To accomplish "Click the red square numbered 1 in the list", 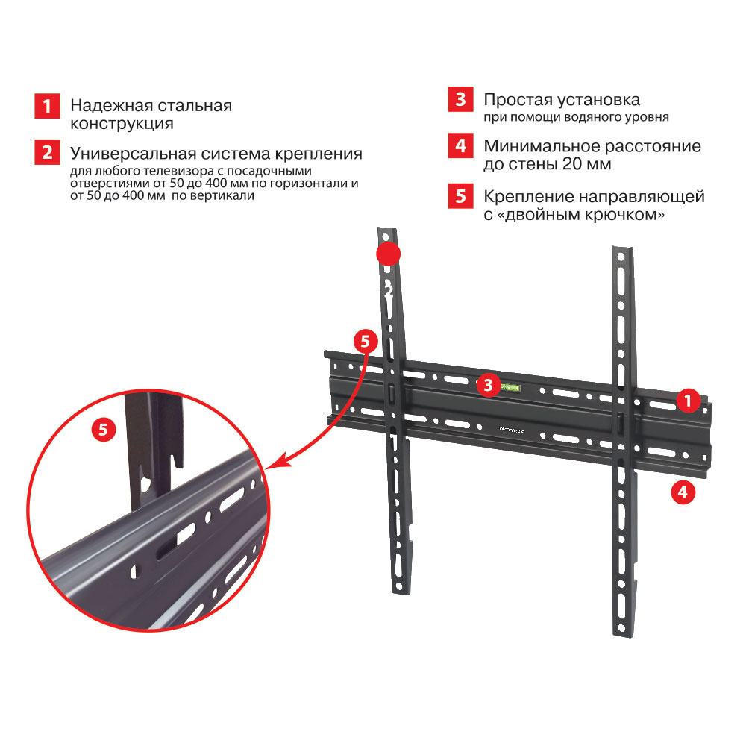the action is (47, 106).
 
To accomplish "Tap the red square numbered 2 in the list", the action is (47, 152).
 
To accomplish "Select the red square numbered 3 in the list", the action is (460, 99).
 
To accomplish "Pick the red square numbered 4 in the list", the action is (460, 145).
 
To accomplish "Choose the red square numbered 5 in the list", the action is (460, 196).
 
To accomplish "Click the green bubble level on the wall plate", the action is (511, 388).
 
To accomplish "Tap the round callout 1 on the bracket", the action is (688, 401).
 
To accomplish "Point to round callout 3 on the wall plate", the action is (488, 384).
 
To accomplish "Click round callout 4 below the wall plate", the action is (683, 492).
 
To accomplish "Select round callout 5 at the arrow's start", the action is (366, 341).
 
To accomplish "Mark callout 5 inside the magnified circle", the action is (103, 430).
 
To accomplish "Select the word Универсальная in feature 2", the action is (134, 154).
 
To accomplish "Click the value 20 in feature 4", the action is (572, 163).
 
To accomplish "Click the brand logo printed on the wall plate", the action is (512, 430).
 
